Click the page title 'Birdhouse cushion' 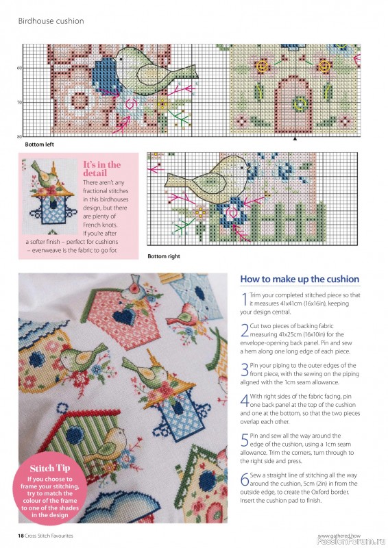click(51, 21)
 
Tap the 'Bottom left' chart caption click(40, 145)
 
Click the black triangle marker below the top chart click(295, 138)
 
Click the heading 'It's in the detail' click(101, 169)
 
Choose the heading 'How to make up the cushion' click(300, 279)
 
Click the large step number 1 click(244, 299)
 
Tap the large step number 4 click(245, 400)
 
